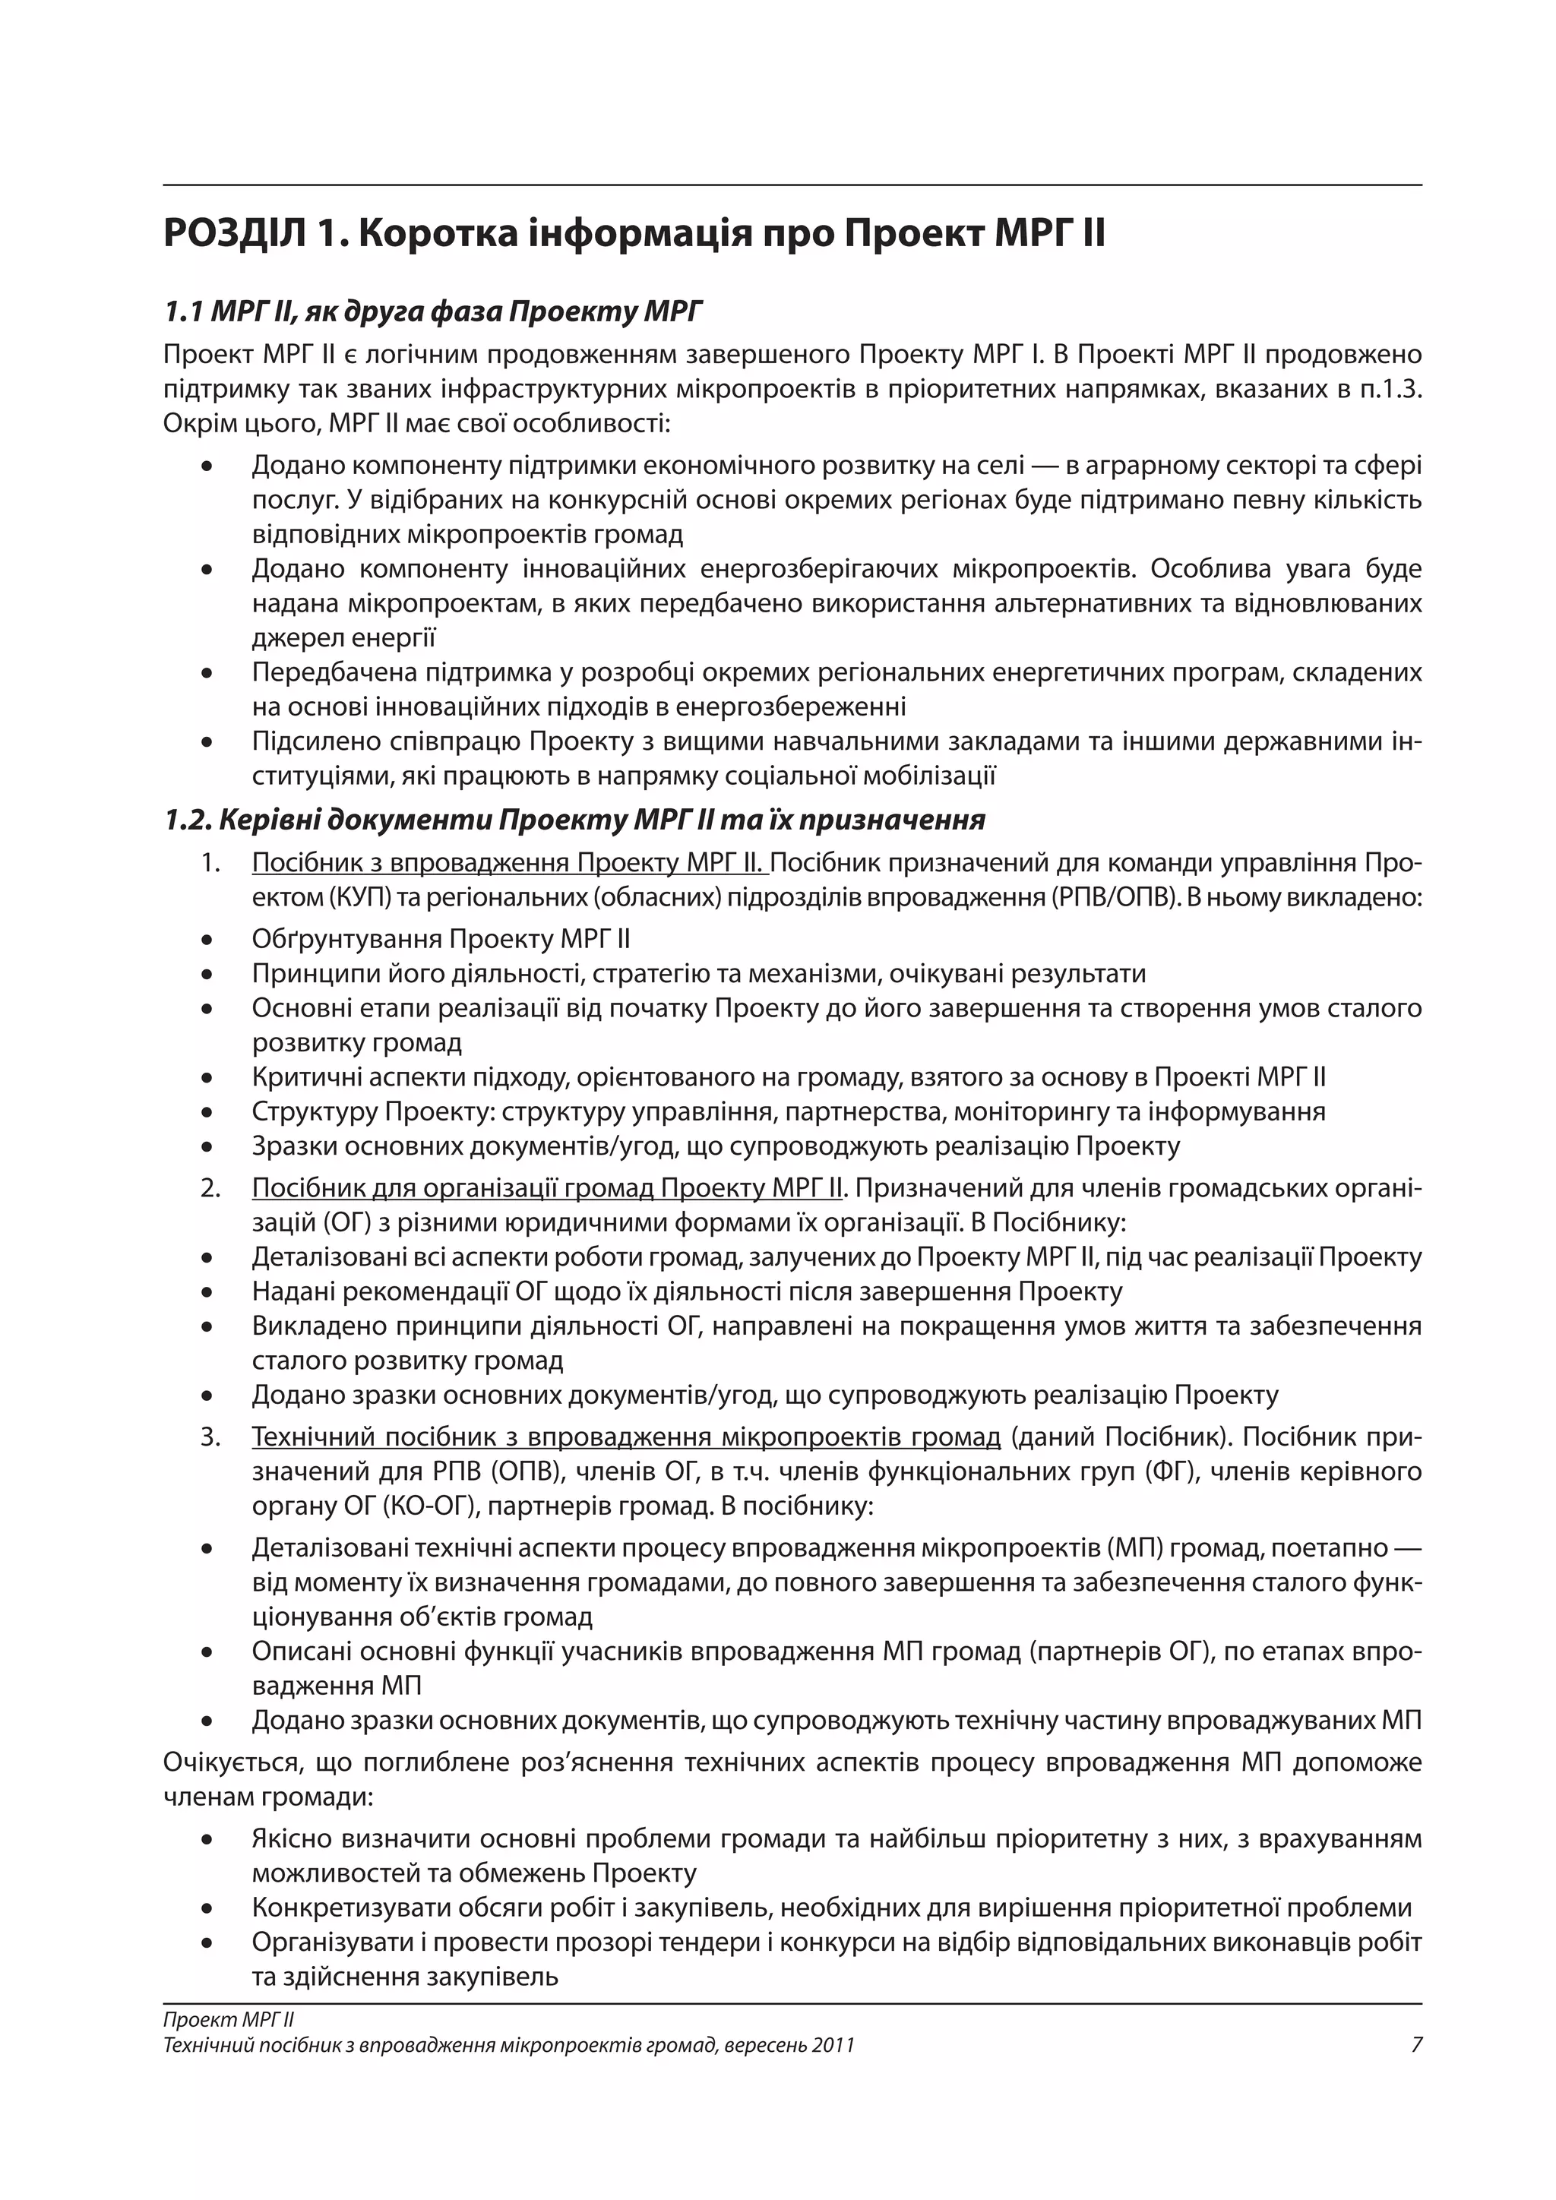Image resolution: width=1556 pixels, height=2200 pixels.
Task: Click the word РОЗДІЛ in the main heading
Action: pos(236,235)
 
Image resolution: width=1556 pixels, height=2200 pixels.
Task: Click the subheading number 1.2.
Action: pos(187,820)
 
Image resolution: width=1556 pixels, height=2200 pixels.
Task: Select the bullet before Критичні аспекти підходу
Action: pos(206,1077)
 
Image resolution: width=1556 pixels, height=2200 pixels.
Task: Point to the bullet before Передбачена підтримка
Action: pos(206,672)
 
